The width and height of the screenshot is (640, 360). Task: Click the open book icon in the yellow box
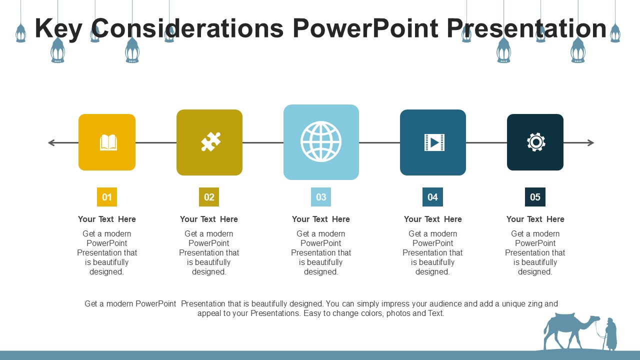point(108,142)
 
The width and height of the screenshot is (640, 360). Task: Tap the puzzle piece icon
point(210,142)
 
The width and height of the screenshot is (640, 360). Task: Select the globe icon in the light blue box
point(321,141)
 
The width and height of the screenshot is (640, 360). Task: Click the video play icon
point(434,142)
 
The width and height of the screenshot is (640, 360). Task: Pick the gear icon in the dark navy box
point(535,142)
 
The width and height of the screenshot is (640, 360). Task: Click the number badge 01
point(107,197)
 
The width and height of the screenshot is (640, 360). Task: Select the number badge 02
point(209,197)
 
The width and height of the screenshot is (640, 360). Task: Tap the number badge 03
point(321,197)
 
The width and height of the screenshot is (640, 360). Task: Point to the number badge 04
point(432,197)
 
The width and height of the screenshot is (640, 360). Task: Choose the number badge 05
point(535,197)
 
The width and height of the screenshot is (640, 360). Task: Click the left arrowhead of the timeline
point(51,143)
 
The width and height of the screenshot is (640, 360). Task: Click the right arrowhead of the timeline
point(591,143)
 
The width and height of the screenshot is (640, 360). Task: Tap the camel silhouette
point(567,330)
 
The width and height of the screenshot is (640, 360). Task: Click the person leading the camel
point(610,333)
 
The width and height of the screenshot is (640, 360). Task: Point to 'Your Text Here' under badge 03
point(321,219)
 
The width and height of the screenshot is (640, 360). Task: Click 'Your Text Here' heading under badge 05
point(535,219)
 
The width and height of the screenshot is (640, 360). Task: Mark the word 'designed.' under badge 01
point(107,272)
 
